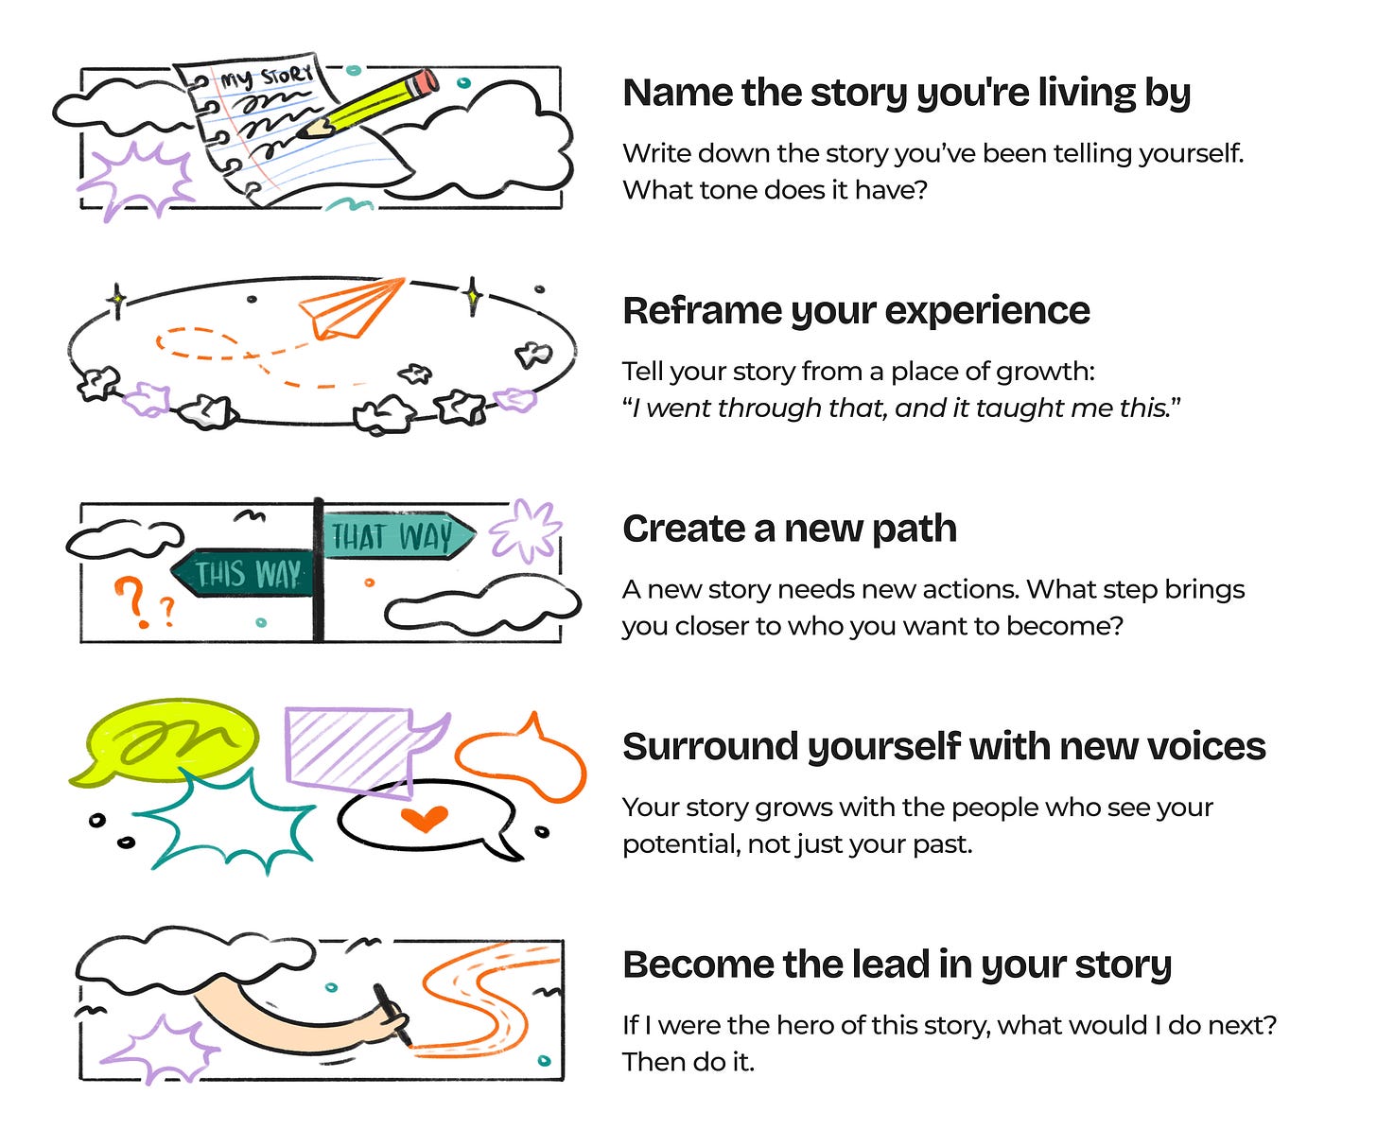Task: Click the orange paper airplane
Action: [x=350, y=307]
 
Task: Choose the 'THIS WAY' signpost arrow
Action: [x=244, y=573]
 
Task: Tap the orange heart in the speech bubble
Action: [x=423, y=818]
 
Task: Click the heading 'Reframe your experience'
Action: [x=856, y=311]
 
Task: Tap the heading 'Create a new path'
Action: [x=789, y=529]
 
